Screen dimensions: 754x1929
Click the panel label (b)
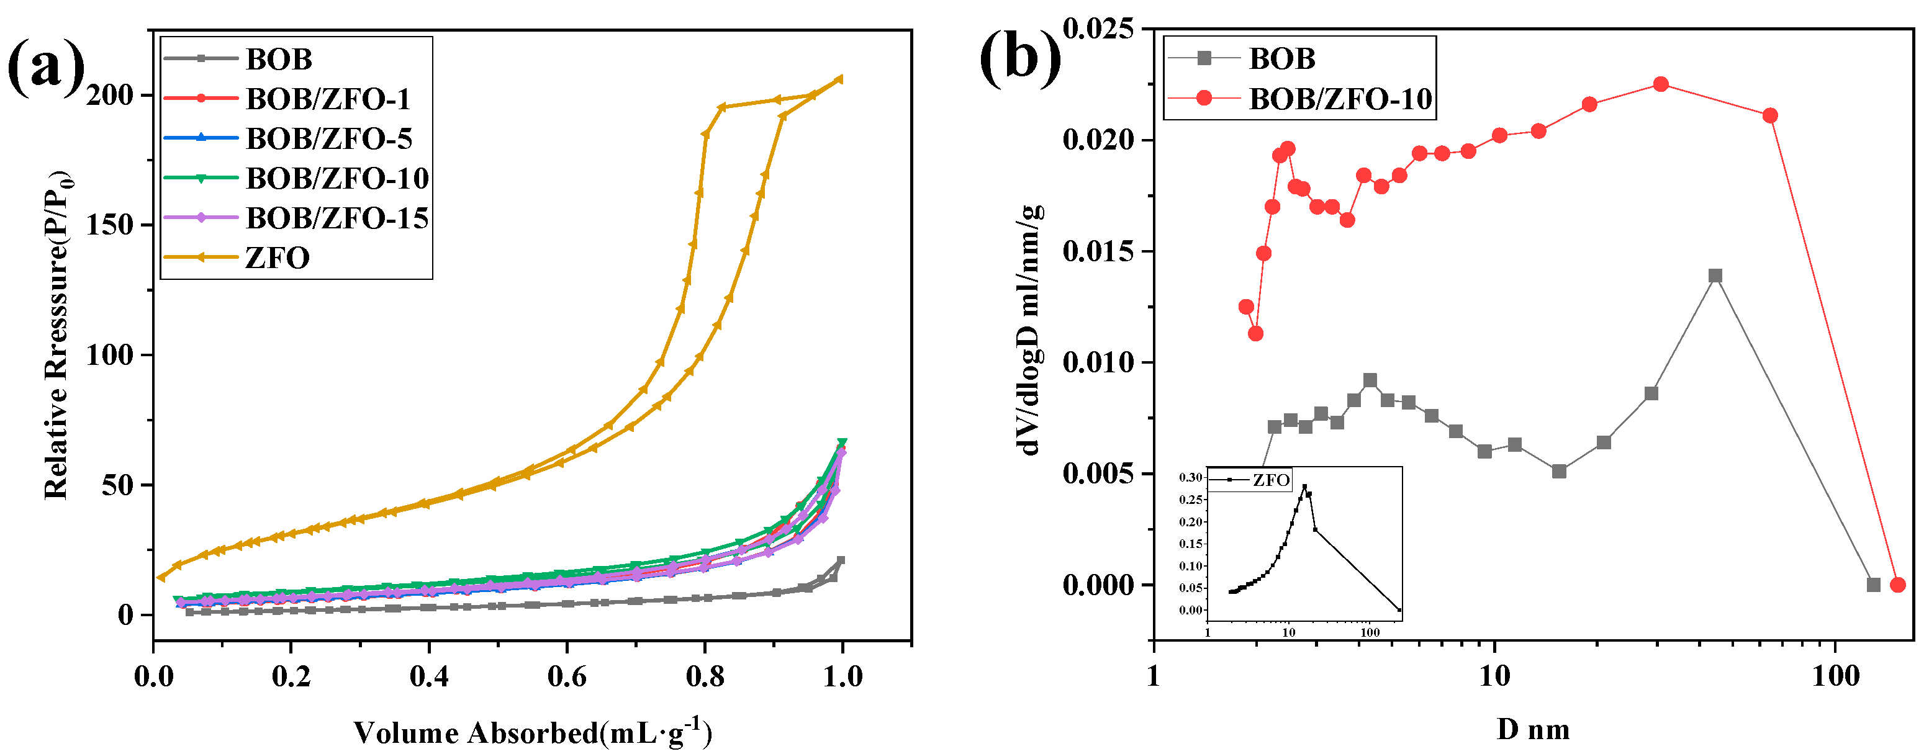click(1020, 58)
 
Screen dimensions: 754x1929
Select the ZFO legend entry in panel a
click(277, 258)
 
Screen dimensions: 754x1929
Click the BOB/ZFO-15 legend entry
click(337, 218)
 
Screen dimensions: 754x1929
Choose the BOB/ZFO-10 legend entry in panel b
click(1340, 99)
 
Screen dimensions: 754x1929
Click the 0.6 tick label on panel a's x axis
click(567, 678)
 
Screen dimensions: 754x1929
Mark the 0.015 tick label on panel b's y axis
click(1098, 251)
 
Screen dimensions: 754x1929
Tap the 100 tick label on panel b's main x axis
click(1835, 677)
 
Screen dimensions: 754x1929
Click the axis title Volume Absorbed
click(531, 733)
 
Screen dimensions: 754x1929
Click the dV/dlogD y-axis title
click(1029, 330)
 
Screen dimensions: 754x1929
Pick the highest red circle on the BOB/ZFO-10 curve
click(1661, 84)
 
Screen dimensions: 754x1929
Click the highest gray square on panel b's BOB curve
click(1715, 276)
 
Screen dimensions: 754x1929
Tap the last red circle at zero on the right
click(1897, 585)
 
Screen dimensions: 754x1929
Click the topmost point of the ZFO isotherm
click(839, 79)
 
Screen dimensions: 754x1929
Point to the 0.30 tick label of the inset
click(1191, 478)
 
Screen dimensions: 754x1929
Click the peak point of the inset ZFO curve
click(1304, 487)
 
